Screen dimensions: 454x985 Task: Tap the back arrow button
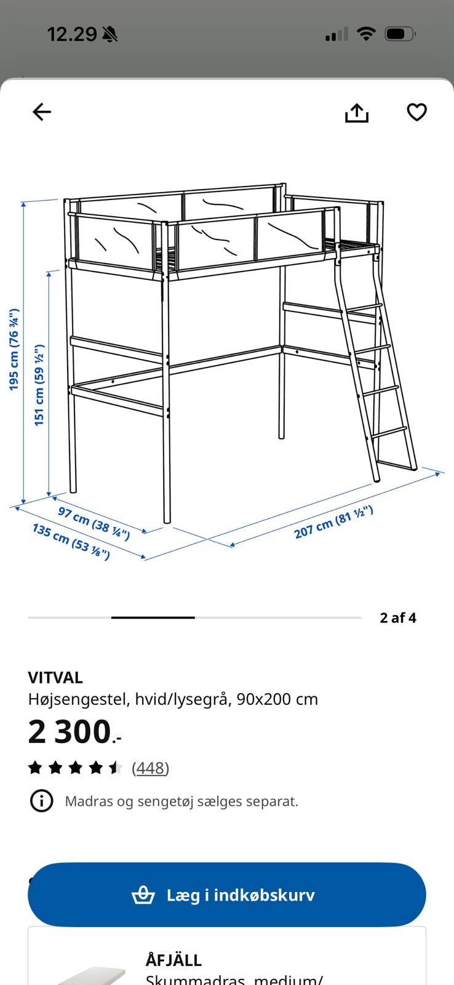pyautogui.click(x=42, y=111)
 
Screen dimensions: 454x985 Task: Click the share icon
pyautogui.click(x=356, y=113)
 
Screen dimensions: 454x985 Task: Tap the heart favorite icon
pyautogui.click(x=416, y=112)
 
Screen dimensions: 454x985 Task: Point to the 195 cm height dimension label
pyautogui.click(x=14, y=350)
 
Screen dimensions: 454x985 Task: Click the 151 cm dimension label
pyautogui.click(x=39, y=385)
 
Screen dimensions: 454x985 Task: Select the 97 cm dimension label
pyautogui.click(x=94, y=523)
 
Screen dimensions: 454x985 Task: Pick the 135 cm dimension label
pyautogui.click(x=71, y=541)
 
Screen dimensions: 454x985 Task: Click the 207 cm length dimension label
pyautogui.click(x=333, y=522)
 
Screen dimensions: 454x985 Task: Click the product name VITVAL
pyautogui.click(x=55, y=678)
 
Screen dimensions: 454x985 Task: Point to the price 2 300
pyautogui.click(x=74, y=732)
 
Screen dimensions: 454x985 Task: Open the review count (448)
pyautogui.click(x=150, y=768)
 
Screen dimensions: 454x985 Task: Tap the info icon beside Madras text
pyautogui.click(x=41, y=801)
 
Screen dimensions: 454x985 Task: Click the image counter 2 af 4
pyautogui.click(x=398, y=618)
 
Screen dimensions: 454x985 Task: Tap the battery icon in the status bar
pyautogui.click(x=400, y=34)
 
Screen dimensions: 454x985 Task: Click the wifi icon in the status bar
pyautogui.click(x=365, y=33)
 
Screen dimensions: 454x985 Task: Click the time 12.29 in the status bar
pyautogui.click(x=72, y=34)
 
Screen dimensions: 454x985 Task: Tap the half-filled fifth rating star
pyautogui.click(x=116, y=768)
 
